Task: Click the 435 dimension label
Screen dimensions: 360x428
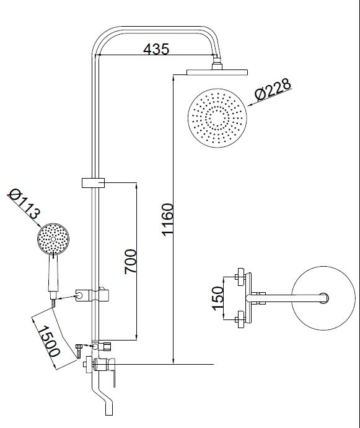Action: tap(156, 49)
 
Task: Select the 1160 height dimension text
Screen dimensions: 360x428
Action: tap(167, 219)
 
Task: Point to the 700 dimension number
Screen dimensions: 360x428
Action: tap(130, 262)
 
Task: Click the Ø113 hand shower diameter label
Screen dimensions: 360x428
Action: tap(24, 204)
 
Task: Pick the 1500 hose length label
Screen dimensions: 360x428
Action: tap(48, 341)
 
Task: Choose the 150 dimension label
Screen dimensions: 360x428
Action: tap(218, 298)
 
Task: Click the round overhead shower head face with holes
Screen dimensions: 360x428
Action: tap(217, 118)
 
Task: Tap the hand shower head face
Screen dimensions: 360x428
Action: tap(53, 239)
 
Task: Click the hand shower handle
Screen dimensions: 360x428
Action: tap(53, 274)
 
